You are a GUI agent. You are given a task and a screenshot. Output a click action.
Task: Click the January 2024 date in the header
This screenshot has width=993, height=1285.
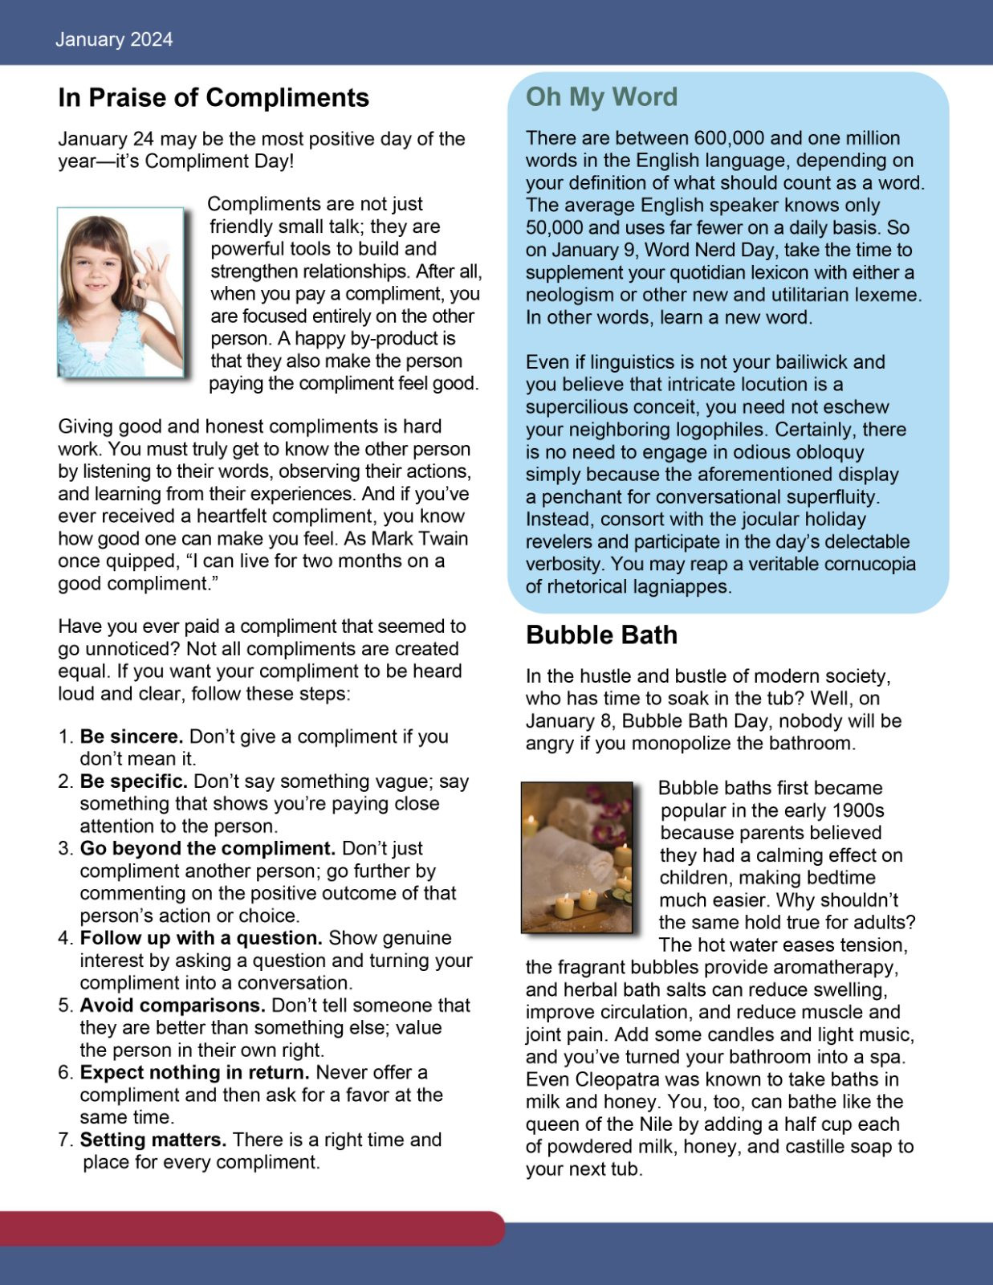coord(114,39)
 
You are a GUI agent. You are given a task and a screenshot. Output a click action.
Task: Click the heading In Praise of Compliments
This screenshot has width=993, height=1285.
coord(214,98)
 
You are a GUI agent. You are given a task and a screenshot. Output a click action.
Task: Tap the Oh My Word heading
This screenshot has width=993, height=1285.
coord(601,97)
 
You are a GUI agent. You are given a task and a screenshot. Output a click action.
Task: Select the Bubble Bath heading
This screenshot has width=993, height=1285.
coord(601,635)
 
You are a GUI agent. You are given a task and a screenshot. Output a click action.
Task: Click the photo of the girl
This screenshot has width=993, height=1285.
coord(120,292)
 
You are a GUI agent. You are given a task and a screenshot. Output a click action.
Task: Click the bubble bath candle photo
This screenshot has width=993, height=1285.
coord(577,857)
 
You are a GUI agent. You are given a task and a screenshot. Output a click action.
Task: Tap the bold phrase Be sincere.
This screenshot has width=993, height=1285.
coord(132,736)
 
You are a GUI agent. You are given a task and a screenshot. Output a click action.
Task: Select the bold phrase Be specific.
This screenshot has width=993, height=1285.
coord(133,781)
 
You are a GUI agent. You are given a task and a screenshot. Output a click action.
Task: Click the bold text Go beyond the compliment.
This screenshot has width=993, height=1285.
coord(207,849)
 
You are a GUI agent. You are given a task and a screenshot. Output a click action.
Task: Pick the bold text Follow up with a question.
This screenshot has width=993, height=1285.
coord(201,938)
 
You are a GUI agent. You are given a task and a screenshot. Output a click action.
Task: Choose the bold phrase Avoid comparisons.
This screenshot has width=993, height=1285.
coord(172,1006)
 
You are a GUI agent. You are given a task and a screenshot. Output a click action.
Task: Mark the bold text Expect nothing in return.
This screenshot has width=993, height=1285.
coord(194,1073)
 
